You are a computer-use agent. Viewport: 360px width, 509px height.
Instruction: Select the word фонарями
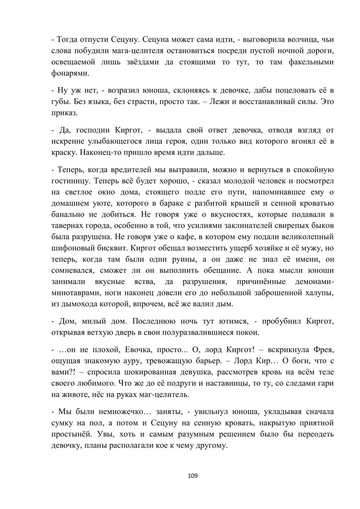coord(70,73)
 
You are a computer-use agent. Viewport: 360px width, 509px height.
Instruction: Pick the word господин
coord(92,130)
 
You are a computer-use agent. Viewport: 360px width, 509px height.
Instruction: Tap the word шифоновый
coord(71,248)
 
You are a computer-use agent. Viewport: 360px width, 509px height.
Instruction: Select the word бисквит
coord(110,248)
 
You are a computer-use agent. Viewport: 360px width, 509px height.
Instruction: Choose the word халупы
coord(319,293)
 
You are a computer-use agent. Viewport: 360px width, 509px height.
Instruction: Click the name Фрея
coord(325,350)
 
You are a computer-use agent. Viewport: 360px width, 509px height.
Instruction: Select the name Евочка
coord(136,350)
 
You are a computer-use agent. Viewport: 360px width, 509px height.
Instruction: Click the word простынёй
coord(70,434)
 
